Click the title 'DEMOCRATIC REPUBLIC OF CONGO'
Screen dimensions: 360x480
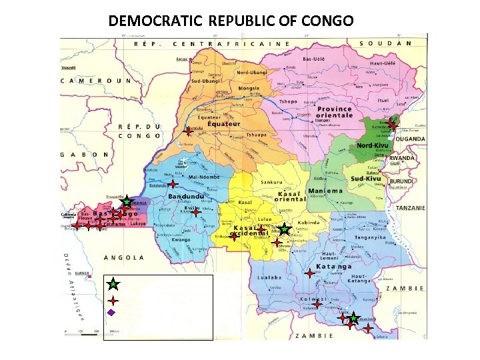click(231, 21)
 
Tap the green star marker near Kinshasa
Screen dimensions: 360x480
click(126, 202)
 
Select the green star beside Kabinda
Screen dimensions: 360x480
click(284, 229)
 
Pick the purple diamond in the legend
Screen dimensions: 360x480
click(112, 312)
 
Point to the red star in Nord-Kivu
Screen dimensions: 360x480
click(392, 124)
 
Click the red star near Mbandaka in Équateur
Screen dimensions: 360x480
click(189, 132)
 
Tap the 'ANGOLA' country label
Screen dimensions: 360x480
click(125, 257)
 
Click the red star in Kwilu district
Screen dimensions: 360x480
click(195, 213)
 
